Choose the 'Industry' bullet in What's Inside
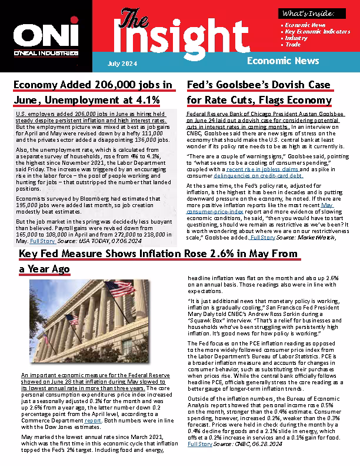(x=296, y=38)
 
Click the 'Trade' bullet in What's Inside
(x=293, y=44)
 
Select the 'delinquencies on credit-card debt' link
(x=258, y=176)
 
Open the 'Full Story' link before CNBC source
(x=199, y=444)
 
